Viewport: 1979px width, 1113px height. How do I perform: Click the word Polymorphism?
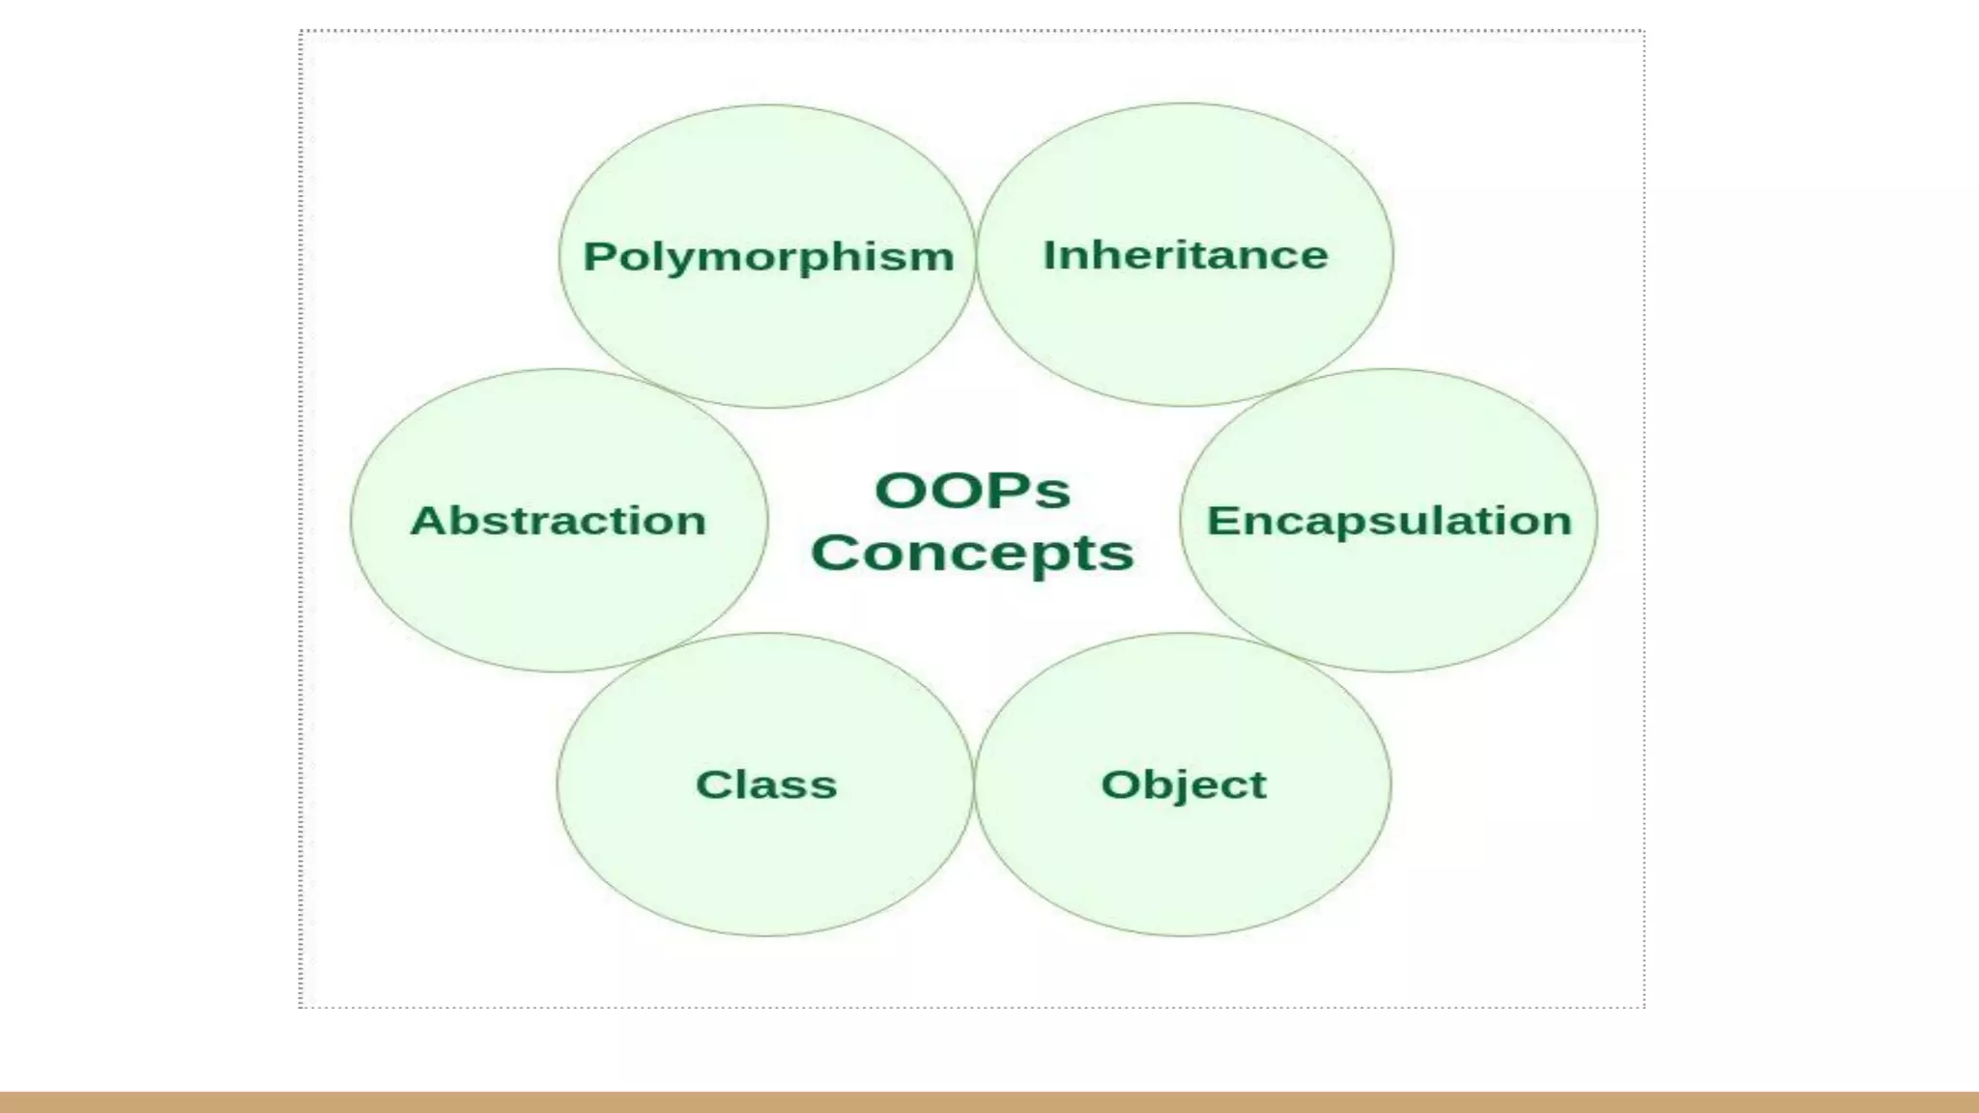click(768, 257)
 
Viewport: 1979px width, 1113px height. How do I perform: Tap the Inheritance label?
click(1185, 255)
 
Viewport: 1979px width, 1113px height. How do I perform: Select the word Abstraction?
click(559, 521)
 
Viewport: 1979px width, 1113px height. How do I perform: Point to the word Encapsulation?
click(1389, 521)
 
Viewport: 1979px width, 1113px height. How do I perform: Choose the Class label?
click(766, 785)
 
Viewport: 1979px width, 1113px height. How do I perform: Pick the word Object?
click(1183, 785)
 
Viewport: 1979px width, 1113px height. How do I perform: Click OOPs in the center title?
click(972, 490)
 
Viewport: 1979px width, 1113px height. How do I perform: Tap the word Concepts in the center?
click(972, 553)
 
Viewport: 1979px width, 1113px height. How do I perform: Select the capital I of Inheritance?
click(1049, 255)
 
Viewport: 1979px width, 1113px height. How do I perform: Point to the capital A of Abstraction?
click(428, 521)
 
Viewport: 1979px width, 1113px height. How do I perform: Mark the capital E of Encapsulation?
click(1221, 521)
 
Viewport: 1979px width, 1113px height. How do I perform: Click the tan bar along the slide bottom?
click(989, 1102)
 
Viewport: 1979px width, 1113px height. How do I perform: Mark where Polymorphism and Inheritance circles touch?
click(976, 255)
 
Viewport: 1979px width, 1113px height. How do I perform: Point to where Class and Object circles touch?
click(974, 785)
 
